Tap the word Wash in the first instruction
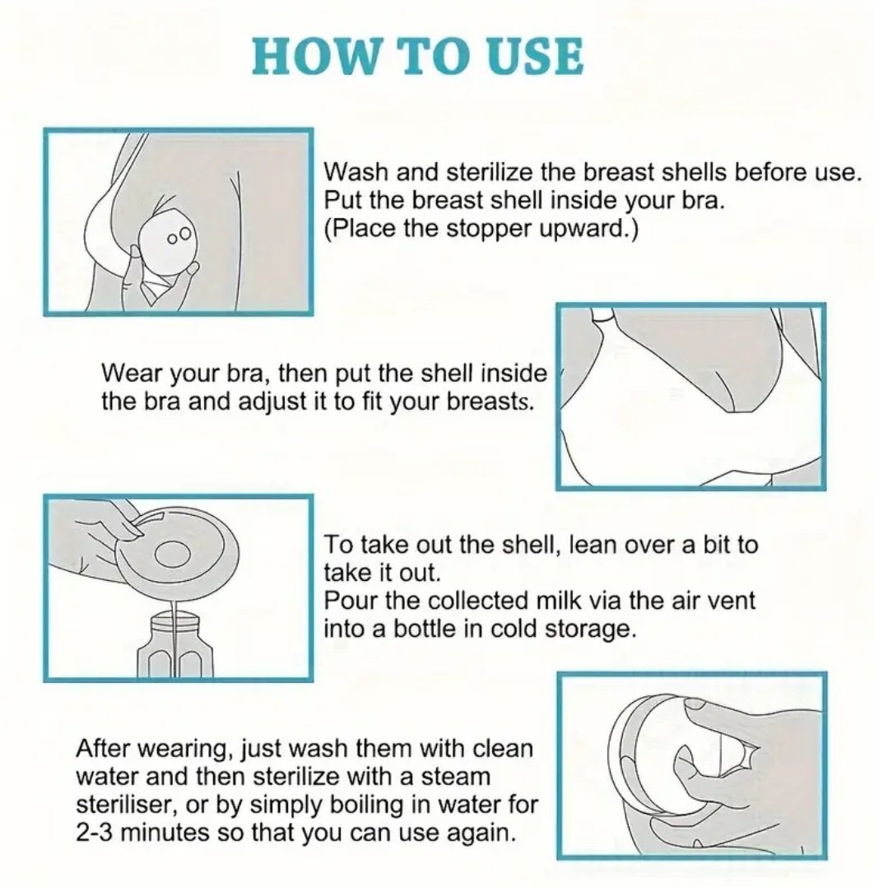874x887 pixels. (356, 172)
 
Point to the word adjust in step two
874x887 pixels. (273, 402)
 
